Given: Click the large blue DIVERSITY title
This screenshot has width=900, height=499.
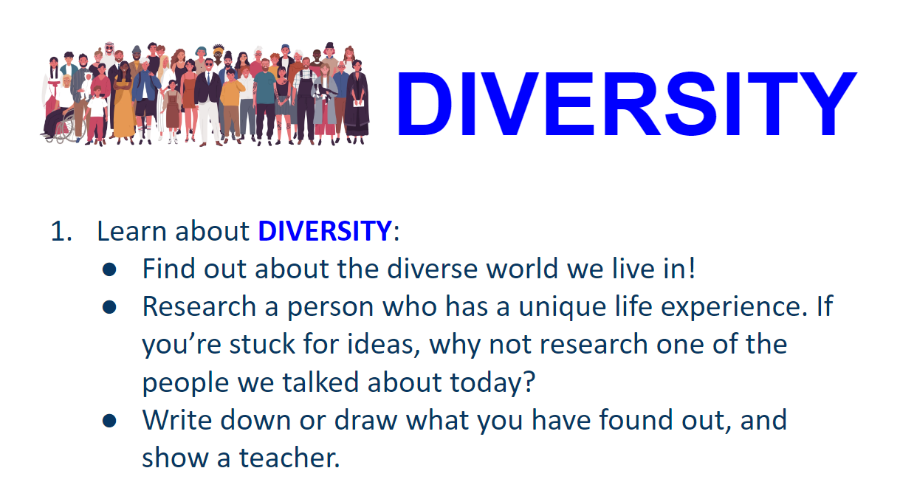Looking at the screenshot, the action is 627,103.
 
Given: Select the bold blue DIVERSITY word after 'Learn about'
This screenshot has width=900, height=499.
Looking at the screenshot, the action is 325,232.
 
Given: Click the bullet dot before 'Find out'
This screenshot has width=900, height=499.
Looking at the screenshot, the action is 109,269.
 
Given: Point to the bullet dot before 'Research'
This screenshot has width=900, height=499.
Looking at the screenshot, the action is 109,307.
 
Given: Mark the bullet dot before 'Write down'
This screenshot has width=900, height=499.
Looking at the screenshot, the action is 109,421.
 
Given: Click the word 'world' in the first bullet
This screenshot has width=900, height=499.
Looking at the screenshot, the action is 522,269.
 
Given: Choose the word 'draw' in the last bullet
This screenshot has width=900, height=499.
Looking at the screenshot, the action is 365,420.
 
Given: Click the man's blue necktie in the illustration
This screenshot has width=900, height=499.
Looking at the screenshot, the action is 208,80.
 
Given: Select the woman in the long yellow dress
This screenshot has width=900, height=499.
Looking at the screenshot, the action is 123,106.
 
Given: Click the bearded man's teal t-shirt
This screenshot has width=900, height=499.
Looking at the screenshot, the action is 265,88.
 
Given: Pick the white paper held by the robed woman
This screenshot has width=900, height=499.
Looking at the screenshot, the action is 359,103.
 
